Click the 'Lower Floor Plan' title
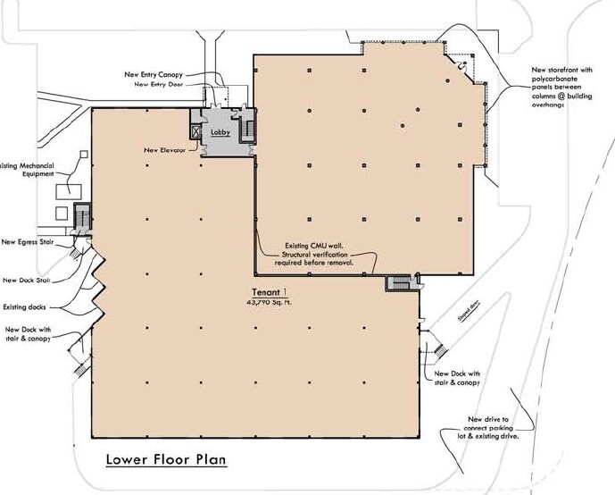point(165,461)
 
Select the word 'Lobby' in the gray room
point(220,131)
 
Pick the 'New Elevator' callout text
point(164,150)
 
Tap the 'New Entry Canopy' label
point(159,73)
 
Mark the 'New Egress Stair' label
point(30,241)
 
